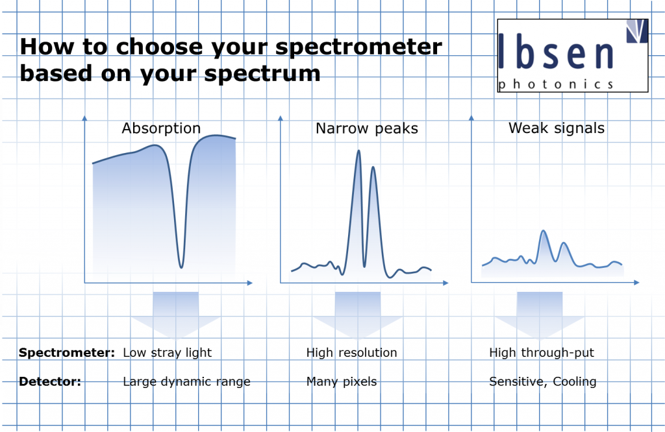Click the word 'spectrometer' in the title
pos(358,47)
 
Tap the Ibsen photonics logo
pos(573,56)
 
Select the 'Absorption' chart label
pos(161,128)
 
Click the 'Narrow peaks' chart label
pos(367,128)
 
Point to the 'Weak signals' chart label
pos(557,128)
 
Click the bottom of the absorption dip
pos(182,267)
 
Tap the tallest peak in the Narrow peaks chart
pos(358,151)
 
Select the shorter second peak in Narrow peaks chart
pos(373,168)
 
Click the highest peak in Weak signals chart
pos(544,232)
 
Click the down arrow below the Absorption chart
pos(175,313)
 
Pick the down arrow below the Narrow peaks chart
pos(358,313)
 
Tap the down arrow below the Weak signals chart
pos(540,313)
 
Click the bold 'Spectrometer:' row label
pos(67,353)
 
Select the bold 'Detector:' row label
pos(50,381)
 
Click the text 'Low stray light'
pos(167,353)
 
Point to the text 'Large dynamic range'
pos(186,382)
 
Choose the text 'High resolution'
pos(351,353)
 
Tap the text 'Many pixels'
pos(342,382)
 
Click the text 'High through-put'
pos(542,353)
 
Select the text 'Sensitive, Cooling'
pos(543,382)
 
